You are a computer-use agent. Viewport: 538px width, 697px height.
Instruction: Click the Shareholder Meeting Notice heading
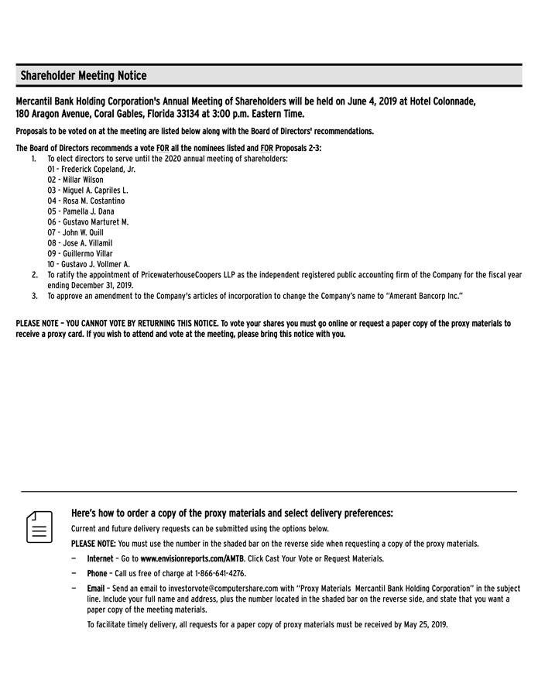tap(83, 76)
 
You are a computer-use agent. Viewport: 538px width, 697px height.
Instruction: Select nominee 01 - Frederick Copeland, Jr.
tap(91, 169)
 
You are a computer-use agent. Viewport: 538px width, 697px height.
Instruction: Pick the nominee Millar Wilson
tap(75, 180)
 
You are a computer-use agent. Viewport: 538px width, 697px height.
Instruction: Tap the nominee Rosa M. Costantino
tap(86, 201)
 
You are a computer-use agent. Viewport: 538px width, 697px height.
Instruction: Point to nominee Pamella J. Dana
tap(81, 211)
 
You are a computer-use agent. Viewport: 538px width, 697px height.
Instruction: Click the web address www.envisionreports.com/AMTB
tap(192, 558)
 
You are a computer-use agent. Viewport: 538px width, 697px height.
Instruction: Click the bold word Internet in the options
tap(100, 558)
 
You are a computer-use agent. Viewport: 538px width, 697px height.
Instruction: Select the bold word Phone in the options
tap(97, 574)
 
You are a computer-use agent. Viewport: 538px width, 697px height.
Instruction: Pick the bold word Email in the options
tap(96, 589)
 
